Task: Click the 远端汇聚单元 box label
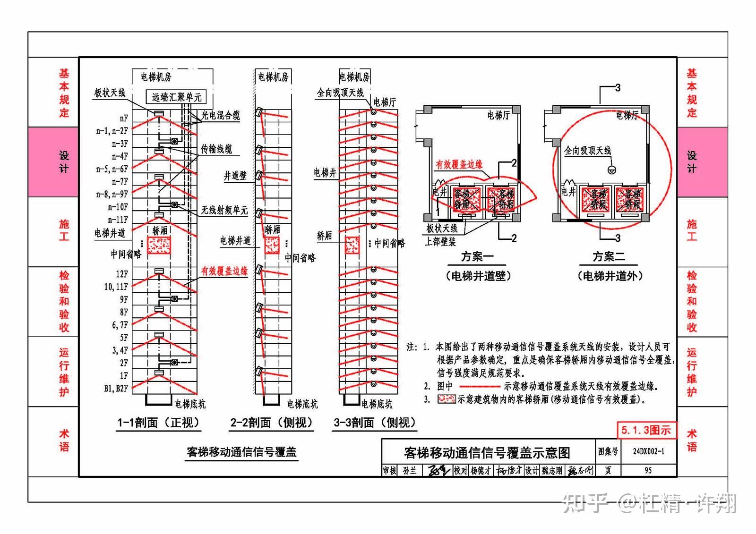[x=176, y=97]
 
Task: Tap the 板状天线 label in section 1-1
[x=110, y=93]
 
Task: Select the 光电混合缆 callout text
[x=220, y=115]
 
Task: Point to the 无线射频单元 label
[x=224, y=210]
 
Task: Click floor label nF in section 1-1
[x=123, y=118]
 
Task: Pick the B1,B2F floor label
[x=116, y=388]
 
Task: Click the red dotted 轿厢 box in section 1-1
[x=159, y=246]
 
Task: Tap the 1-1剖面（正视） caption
[x=159, y=423]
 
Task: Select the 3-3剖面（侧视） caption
[x=375, y=423]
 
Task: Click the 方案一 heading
[x=477, y=257]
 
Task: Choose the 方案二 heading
[x=609, y=257]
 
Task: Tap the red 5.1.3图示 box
[x=646, y=430]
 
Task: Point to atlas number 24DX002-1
[x=648, y=451]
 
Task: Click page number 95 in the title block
[x=648, y=470]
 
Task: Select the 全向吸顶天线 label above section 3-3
[x=340, y=93]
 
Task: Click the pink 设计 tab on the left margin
[x=64, y=161]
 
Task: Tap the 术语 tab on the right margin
[x=691, y=440]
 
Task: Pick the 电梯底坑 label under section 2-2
[x=302, y=404]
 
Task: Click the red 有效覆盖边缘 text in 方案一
[x=459, y=164]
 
